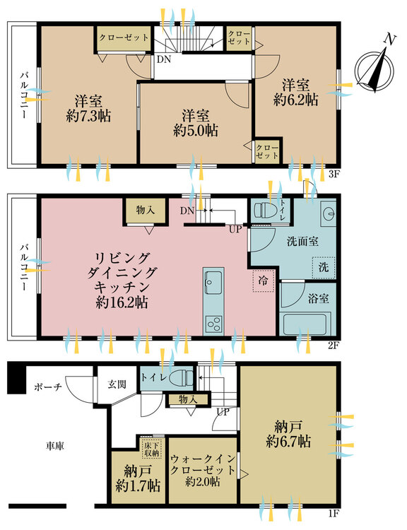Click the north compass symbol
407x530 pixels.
coord(374,70)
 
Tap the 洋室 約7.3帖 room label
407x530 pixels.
coord(88,109)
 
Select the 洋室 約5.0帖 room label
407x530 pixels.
coord(196,124)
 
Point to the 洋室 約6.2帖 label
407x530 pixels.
coord(296,93)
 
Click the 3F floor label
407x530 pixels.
coord(334,175)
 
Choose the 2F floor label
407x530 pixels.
coord(334,346)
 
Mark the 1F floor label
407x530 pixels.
coord(334,514)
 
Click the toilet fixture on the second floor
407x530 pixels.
coord(266,211)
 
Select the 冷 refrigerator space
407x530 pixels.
coord(264,281)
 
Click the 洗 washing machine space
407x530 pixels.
coord(324,267)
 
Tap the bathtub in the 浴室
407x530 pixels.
coord(305,324)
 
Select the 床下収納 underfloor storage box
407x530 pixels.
coord(151,448)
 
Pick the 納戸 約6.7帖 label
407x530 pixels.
coord(288,434)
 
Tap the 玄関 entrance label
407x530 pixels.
coord(117,384)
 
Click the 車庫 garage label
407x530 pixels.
coord(55,446)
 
